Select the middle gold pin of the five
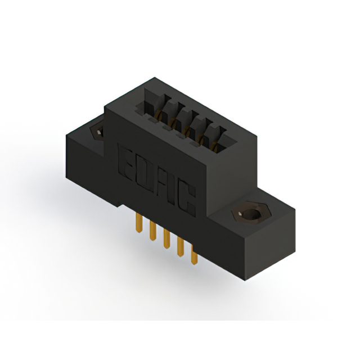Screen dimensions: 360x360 tap(166, 239)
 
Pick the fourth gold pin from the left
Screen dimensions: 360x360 tap(180, 247)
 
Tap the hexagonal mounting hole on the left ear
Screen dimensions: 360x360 tap(98, 131)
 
